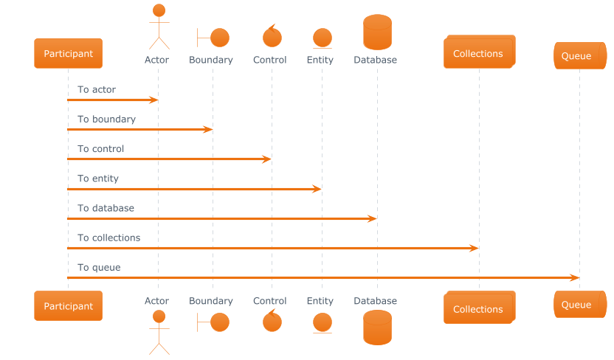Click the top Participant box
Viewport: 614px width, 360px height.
pos(68,53)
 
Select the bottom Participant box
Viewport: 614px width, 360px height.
pos(68,305)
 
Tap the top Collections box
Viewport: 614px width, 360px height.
pos(478,53)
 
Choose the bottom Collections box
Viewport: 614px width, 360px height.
pos(478,308)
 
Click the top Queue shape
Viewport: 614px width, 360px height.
pos(576,55)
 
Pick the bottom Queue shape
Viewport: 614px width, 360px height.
pos(576,305)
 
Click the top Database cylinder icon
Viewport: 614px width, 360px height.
pos(377,32)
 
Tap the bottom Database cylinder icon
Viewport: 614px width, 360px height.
pos(377,327)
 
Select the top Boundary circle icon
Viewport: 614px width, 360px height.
pos(219,36)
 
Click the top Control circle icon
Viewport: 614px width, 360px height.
pos(272,36)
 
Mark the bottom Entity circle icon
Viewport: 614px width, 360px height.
pos(322,322)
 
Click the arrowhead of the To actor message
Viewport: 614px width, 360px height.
pos(154,100)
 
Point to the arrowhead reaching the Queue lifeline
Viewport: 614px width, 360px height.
pos(575,277)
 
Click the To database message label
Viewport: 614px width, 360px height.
pos(106,208)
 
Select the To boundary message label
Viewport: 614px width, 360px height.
pos(106,119)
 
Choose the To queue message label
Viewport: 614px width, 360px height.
pos(100,267)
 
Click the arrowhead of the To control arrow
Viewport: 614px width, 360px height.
pos(267,159)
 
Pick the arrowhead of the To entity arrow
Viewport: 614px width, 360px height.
pos(317,189)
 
